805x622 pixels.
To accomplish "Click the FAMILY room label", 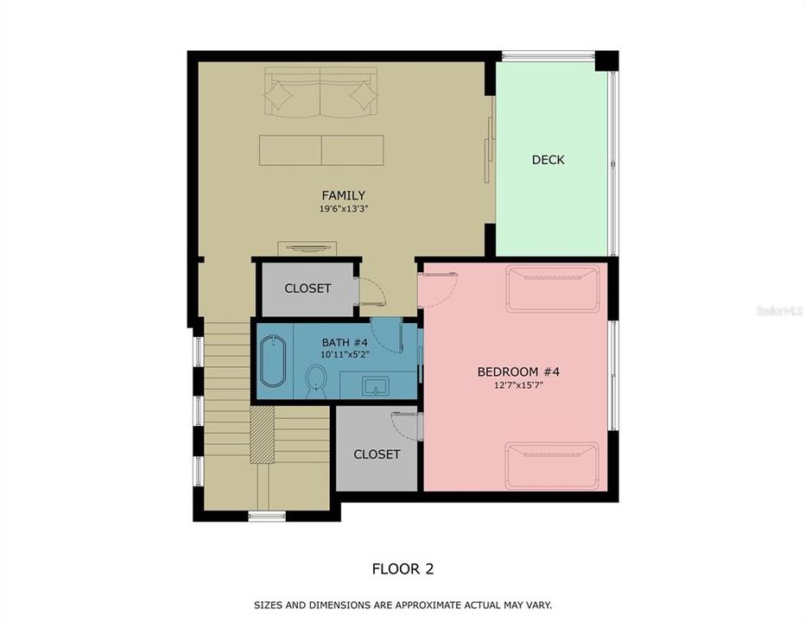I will pos(343,195).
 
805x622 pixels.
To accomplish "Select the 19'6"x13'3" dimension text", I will pos(343,209).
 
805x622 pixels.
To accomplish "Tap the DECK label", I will pos(548,160).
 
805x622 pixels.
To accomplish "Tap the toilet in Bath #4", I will pos(316,379).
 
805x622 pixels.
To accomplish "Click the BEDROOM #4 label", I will pos(518,372).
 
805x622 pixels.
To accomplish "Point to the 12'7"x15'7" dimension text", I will pos(518,386).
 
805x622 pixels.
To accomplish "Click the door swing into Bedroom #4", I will pos(435,289).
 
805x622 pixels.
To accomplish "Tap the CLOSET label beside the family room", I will pos(307,289).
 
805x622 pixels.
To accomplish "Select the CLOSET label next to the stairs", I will pos(377,454).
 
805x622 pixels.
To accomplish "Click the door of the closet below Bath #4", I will pos(406,425).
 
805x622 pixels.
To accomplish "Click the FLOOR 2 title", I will pos(402,568).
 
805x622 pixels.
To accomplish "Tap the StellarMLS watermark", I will pos(779,310).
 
